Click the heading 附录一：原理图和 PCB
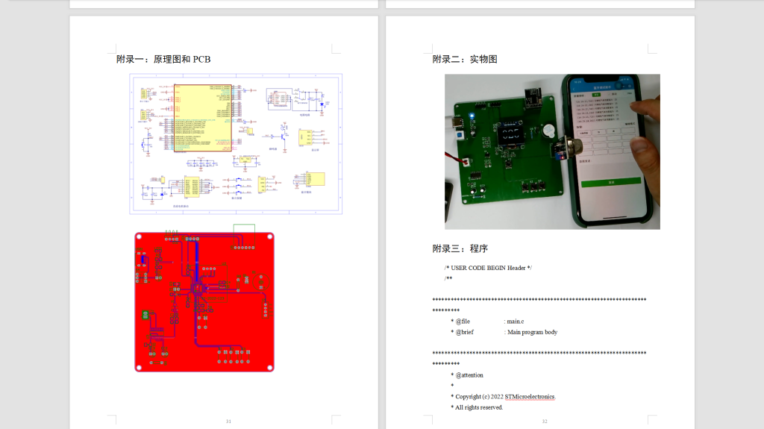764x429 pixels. tap(163, 59)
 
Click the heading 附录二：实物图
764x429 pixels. tap(465, 59)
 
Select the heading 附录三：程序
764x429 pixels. tap(460, 248)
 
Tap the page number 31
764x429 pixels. tap(228, 422)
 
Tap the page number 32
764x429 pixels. tap(545, 422)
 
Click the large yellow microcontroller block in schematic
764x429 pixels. tap(202, 118)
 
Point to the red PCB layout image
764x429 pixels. tap(204, 301)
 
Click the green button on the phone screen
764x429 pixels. tap(611, 181)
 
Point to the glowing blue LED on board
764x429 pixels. tap(471, 117)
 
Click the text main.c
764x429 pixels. tap(516, 321)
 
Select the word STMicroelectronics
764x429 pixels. tap(530, 396)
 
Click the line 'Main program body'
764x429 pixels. tap(532, 332)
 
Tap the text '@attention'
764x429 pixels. tap(469, 375)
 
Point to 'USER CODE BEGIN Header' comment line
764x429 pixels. tap(488, 267)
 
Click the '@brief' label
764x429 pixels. tap(464, 332)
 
